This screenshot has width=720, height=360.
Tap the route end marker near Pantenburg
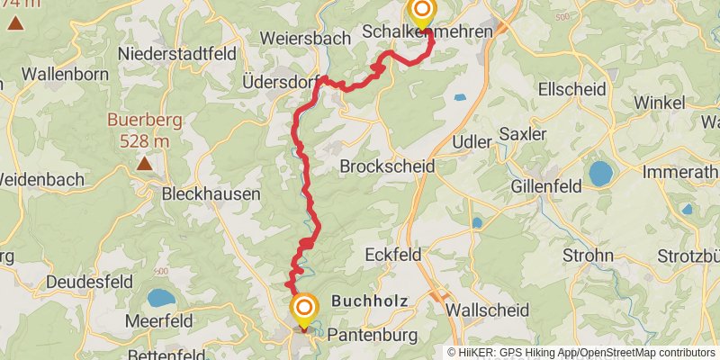pyautogui.click(x=304, y=310)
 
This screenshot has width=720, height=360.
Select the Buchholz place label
pyautogui.click(x=370, y=301)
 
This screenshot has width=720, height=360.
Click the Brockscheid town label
pyautogui.click(x=387, y=166)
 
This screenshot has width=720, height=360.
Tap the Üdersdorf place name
pyautogui.click(x=282, y=81)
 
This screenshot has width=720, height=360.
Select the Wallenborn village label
pyautogui.click(x=65, y=74)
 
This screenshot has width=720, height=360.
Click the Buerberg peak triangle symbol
pyautogui.click(x=144, y=164)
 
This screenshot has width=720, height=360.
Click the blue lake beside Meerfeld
pyautogui.click(x=161, y=297)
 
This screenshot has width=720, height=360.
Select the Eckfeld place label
pyautogui.click(x=393, y=255)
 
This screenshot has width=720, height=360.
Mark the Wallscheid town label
pyautogui.click(x=487, y=309)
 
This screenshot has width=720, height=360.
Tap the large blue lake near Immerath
pyautogui.click(x=600, y=174)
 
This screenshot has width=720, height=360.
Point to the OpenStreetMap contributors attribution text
pyautogui.click(x=645, y=353)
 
